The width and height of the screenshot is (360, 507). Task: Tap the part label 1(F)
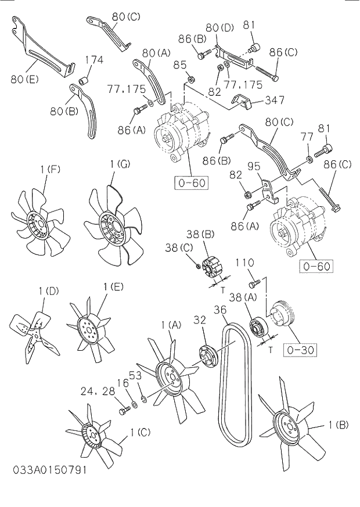(51, 169)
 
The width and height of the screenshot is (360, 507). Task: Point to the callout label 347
(274, 100)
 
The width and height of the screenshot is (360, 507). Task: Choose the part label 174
(94, 59)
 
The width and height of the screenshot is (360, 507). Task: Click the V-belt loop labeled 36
(237, 383)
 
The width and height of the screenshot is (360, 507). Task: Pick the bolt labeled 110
(253, 284)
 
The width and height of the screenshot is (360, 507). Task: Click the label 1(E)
(113, 286)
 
